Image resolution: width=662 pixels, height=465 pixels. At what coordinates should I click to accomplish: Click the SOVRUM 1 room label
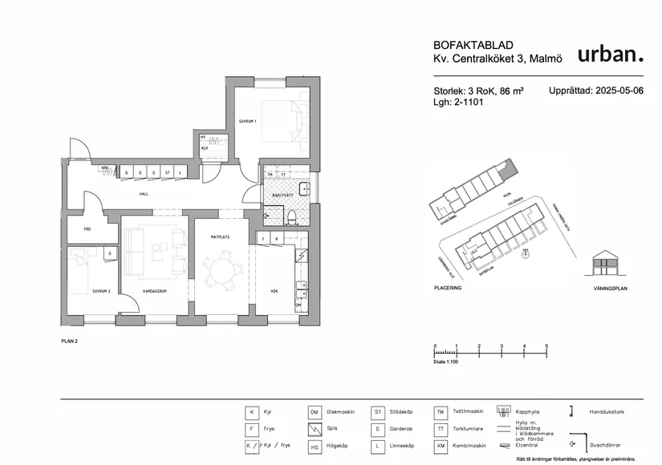pyautogui.click(x=246, y=122)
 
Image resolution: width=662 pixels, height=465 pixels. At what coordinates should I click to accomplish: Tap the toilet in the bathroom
pyautogui.click(x=294, y=215)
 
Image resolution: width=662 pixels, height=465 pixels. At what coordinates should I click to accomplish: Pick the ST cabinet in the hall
pyautogui.click(x=167, y=173)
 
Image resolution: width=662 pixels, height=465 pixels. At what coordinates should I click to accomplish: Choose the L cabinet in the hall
pyautogui.click(x=181, y=173)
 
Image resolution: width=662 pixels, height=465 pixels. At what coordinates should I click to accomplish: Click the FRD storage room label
pyautogui.click(x=85, y=228)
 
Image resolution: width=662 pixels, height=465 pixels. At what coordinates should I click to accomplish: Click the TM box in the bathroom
pyautogui.click(x=270, y=174)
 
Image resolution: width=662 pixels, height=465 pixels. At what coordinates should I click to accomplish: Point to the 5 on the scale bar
pyautogui.click(x=546, y=346)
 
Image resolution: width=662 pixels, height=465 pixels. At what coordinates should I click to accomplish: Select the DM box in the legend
pyautogui.click(x=315, y=412)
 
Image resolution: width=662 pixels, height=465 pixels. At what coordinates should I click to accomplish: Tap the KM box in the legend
pyautogui.click(x=441, y=446)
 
